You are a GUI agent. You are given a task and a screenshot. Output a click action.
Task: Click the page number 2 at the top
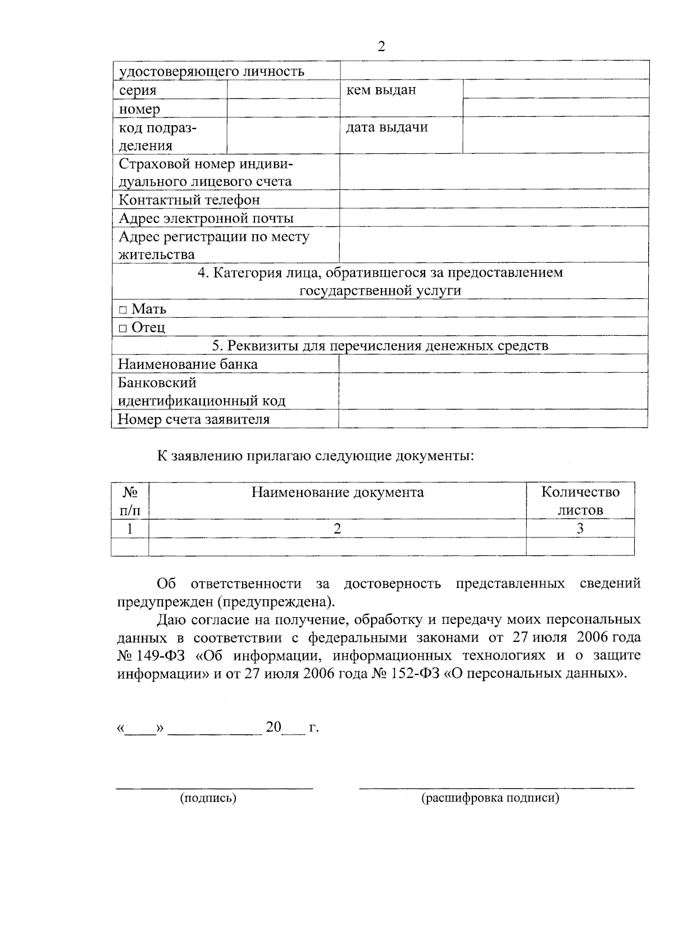point(381,47)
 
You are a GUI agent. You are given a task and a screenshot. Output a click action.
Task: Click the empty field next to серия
point(283,89)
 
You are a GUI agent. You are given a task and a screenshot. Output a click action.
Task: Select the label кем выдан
point(381,90)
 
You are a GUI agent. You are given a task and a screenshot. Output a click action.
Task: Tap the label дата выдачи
point(386,127)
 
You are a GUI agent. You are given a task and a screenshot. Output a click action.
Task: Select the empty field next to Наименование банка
point(493,364)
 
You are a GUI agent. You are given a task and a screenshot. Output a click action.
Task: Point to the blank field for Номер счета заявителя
point(493,419)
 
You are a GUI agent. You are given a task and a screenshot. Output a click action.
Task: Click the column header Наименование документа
point(337,493)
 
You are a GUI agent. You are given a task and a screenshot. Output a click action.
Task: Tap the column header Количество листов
point(580,501)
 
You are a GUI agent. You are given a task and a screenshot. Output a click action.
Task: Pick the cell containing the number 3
point(580,528)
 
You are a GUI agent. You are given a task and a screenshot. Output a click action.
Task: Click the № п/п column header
point(130,501)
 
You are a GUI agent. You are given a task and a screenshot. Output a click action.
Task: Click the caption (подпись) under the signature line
point(208,798)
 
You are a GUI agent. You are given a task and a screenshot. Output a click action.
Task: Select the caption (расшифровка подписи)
point(490,798)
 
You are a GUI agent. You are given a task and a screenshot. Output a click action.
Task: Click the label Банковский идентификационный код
point(202,391)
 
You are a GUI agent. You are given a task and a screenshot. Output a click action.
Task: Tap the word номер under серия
point(139,108)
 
